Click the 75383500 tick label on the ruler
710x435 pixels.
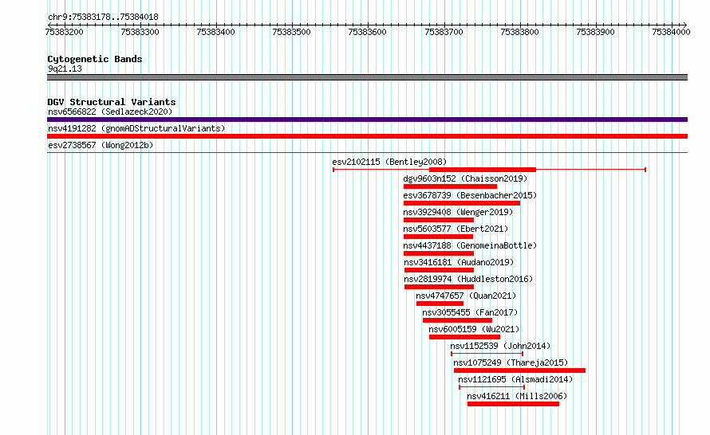[292, 32]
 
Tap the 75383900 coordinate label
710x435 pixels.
[595, 32]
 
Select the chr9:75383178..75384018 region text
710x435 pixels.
[103, 18]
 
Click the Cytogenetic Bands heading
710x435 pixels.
[95, 59]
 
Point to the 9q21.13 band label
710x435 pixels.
[65, 69]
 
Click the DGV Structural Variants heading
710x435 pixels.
[112, 102]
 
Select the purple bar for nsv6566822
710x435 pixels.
[367, 120]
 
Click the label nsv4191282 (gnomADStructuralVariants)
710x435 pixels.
[136, 128]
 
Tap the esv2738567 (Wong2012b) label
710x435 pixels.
[101, 145]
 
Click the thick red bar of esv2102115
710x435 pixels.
[483, 170]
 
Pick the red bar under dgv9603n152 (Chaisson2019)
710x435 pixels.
[450, 186]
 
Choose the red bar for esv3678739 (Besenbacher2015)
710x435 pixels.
[462, 203]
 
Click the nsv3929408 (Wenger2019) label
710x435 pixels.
[458, 212]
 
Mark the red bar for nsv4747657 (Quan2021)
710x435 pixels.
[440, 304]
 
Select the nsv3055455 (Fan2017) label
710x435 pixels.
[470, 312]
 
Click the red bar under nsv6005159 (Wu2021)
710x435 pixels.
[464, 337]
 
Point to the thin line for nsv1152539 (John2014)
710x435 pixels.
[487, 354]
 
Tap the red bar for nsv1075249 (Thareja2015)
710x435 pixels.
[520, 370]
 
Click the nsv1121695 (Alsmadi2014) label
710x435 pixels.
[515, 379]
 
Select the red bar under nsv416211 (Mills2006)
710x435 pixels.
[514, 404]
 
